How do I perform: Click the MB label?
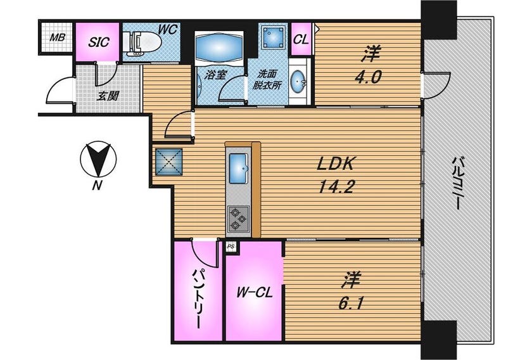coord(57,37)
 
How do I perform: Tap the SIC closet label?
coord(99,42)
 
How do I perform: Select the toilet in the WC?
coord(142,44)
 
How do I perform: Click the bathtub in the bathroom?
coord(219,46)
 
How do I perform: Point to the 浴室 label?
coord(215,75)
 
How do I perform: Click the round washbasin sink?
coord(298,82)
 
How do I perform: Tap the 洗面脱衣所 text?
coord(267,79)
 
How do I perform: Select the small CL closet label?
coord(301,40)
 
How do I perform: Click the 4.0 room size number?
coord(368,77)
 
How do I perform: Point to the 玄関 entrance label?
coord(108,96)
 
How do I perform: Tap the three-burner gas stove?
coord(239,218)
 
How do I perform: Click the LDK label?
coord(336,164)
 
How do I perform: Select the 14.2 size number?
coord(337,186)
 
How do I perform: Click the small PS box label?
coord(231,247)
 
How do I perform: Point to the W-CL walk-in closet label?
coord(255,292)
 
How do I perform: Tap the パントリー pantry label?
coord(198,299)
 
